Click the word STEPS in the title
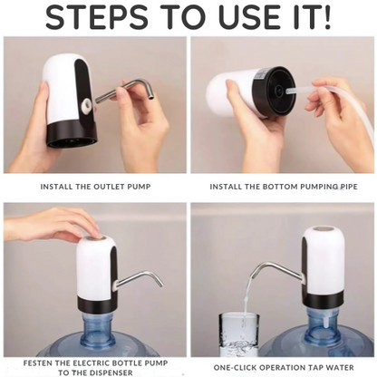pyautogui.click(x=97, y=16)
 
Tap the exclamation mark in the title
pyautogui.click(x=326, y=16)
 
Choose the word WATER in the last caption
pyautogui.click(x=340, y=368)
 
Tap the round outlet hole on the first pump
pyautogui.click(x=88, y=105)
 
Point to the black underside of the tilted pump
pyautogui.click(x=275, y=91)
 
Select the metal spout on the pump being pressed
pyautogui.click(x=139, y=280)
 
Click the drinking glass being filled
pyautogui.click(x=238, y=334)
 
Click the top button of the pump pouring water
pyautogui.click(x=322, y=230)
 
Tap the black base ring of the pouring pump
pyautogui.click(x=323, y=299)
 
